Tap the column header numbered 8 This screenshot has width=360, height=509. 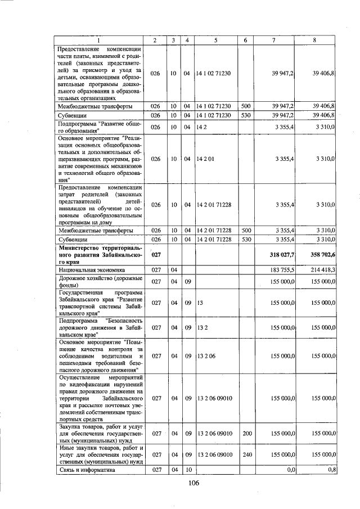click(314, 40)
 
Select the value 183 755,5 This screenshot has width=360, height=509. click(282, 270)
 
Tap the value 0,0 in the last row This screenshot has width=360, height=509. click(291, 469)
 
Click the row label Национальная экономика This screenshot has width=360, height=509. click(89, 270)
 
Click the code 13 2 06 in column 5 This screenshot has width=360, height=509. click(206, 355)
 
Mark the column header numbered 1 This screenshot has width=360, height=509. click(99, 40)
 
